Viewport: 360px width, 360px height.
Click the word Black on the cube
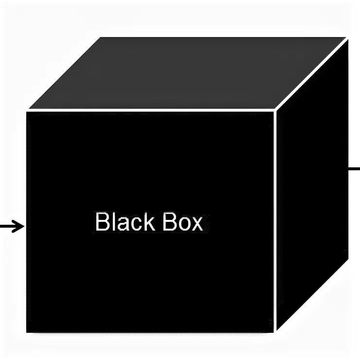pos(125,222)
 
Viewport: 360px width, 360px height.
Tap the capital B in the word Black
pos(101,222)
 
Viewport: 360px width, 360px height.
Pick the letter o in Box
pos(182,225)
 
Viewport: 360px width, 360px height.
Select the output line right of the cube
pos(354,169)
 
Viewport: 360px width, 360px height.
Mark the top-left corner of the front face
pos(27,111)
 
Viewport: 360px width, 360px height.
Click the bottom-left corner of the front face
pos(27,332)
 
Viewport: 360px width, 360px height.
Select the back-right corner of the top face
pos(347,38)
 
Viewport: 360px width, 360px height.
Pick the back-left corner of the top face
pos(100,38)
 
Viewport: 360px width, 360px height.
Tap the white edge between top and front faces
pos(151,110)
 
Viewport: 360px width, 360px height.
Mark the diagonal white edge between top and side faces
pos(312,74)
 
